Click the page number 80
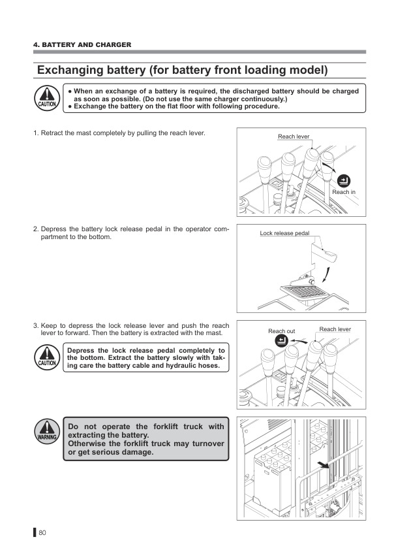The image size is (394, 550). (x=42, y=532)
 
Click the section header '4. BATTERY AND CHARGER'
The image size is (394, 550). (x=82, y=44)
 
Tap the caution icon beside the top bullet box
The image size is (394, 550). (x=46, y=97)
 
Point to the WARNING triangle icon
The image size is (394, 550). (x=46, y=431)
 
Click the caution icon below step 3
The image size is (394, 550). (x=46, y=356)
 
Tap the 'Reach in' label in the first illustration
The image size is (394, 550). (x=344, y=192)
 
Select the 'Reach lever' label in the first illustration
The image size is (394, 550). (x=293, y=137)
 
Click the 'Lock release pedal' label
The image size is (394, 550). (x=284, y=233)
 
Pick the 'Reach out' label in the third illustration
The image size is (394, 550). (x=281, y=331)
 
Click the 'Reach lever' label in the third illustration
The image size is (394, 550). (x=335, y=329)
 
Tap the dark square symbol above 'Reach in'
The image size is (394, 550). (x=344, y=180)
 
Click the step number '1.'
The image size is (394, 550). (x=36, y=133)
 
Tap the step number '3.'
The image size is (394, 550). (x=36, y=325)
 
